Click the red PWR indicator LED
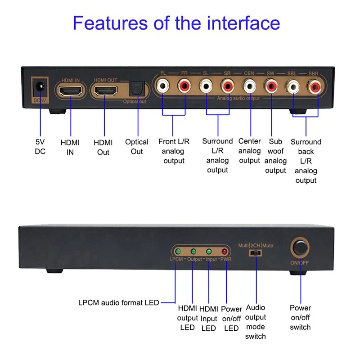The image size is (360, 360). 224,252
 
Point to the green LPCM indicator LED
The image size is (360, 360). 178,252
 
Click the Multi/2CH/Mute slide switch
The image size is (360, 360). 256,253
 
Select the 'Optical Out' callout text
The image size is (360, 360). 137,147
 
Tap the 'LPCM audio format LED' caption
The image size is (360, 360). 118,302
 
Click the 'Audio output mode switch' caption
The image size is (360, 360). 255,322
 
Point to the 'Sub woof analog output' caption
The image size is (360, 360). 275,156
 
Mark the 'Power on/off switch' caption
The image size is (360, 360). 300,317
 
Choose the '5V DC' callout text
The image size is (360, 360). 40,147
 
